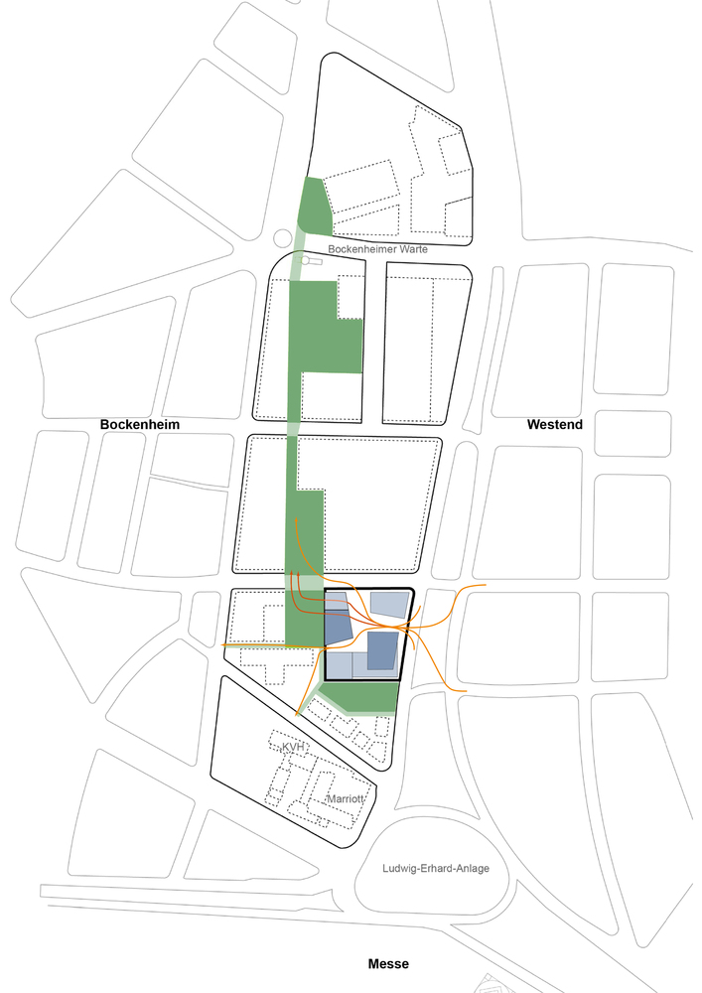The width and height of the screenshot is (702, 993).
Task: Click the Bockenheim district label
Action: click(147, 424)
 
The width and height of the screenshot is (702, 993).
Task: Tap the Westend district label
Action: click(554, 424)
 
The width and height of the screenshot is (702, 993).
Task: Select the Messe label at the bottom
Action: click(388, 963)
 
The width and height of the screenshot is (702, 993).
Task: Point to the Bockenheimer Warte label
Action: click(377, 249)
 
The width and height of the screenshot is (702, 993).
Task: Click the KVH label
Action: click(292, 747)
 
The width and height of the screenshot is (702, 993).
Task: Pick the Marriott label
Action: click(346, 799)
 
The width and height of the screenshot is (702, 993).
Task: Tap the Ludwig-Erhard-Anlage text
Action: click(436, 868)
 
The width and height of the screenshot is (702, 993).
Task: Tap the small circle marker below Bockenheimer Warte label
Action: click(307, 260)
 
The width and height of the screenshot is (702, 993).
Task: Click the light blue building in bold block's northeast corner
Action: click(388, 605)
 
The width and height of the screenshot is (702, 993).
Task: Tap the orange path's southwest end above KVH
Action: click(298, 713)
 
